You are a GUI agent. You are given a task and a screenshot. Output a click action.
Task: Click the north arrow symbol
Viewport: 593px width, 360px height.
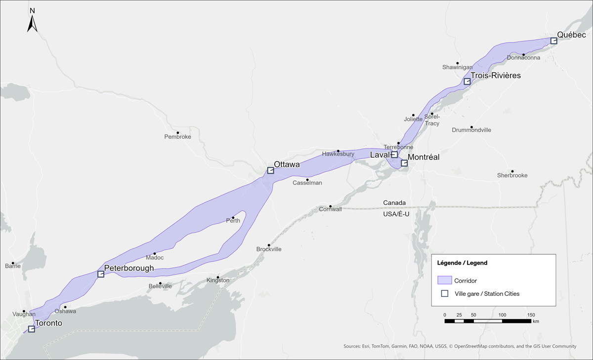32,23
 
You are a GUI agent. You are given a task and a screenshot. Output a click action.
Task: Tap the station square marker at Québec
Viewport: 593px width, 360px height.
553,41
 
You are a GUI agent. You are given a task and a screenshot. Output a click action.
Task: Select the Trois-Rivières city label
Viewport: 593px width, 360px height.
495,76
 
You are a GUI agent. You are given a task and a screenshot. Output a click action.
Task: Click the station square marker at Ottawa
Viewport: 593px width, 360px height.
270,170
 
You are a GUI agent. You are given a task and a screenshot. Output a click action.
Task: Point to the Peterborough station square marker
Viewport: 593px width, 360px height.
101,274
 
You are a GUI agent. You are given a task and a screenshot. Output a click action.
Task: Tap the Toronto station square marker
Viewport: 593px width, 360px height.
32,329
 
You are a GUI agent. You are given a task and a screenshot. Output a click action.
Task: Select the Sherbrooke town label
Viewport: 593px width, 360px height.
512,175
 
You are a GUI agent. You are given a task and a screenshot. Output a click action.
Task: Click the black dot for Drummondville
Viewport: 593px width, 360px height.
471,126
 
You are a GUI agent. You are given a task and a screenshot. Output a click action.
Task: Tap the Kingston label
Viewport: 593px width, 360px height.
218,280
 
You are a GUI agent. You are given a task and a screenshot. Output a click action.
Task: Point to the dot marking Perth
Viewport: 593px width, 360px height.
233,218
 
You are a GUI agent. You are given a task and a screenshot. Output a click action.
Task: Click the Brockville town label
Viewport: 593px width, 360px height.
269,249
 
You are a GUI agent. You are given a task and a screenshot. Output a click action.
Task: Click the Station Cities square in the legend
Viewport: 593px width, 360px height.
444,293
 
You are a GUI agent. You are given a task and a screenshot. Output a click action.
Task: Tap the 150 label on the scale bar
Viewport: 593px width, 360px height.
531,315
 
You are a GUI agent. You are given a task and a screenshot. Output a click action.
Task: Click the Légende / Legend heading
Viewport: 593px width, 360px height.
463,263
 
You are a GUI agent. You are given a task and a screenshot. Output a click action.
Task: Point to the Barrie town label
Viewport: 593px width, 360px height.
13,266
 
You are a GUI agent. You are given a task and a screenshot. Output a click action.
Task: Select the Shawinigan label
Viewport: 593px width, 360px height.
457,67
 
